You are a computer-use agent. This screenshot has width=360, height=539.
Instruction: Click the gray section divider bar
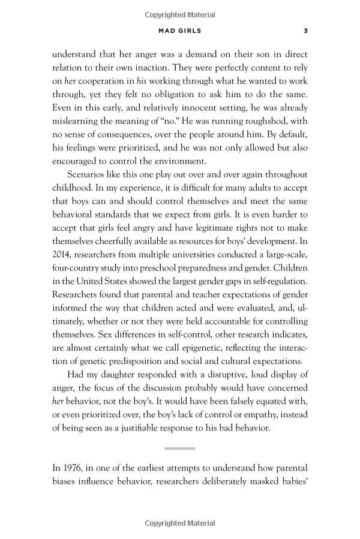pos(180,448)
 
